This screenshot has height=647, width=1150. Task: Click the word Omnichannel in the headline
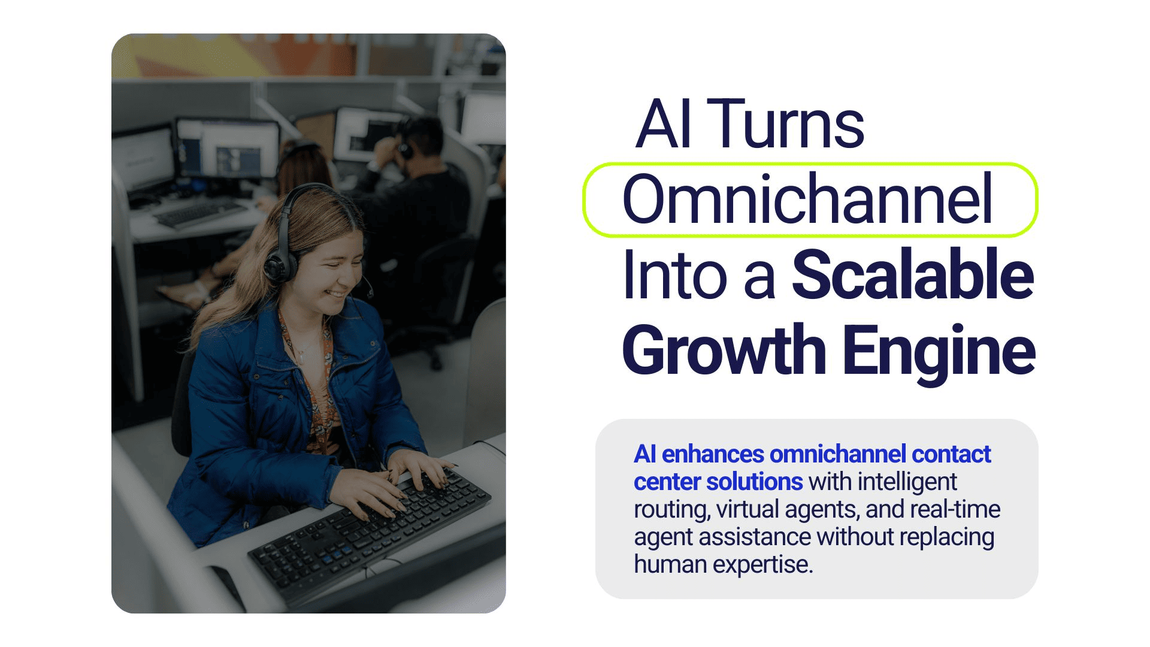pos(807,199)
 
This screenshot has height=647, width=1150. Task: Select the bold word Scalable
pos(913,274)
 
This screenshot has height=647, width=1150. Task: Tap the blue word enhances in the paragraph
pos(713,454)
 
